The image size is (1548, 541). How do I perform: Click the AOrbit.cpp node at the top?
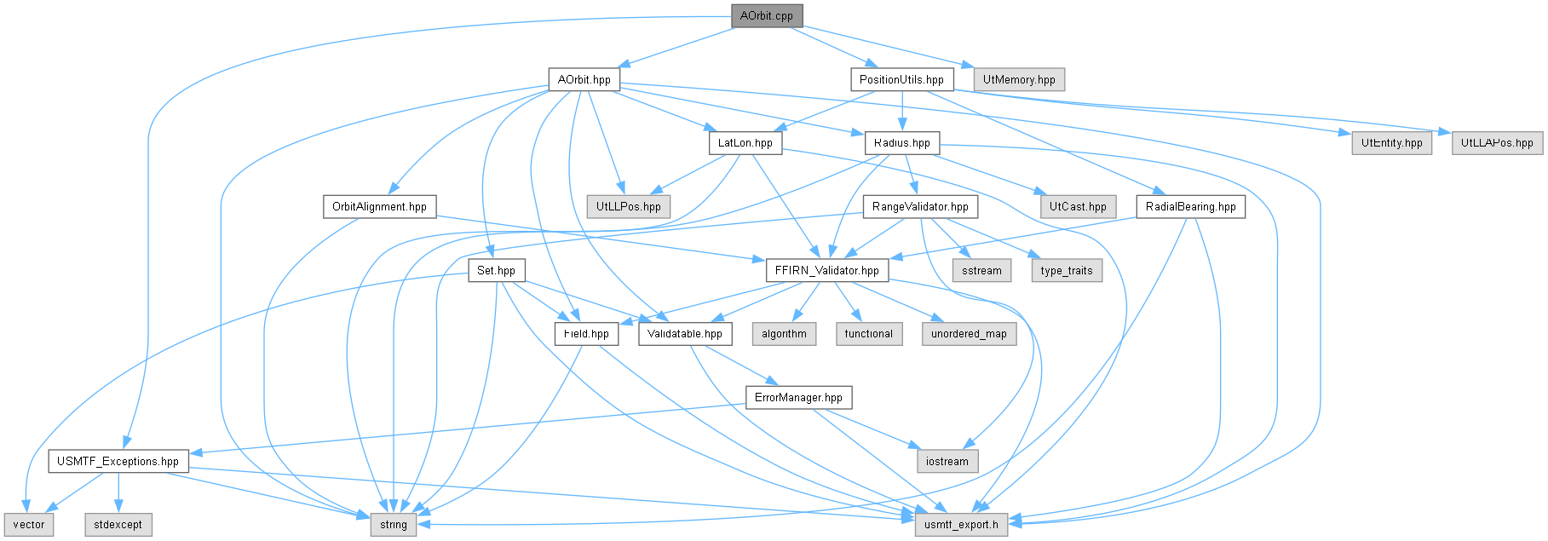tap(767, 16)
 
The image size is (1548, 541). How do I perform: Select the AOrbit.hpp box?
tap(584, 79)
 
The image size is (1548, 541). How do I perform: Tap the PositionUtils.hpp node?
tap(901, 79)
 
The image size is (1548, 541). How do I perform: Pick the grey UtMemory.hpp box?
tap(1019, 79)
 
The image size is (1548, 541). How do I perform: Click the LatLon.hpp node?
tap(745, 142)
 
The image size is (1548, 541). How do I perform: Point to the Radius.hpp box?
tap(902, 142)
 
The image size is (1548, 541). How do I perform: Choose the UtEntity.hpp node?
tap(1392, 142)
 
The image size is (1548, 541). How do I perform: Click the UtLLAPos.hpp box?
tap(1497, 142)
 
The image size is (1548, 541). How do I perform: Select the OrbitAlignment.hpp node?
tap(379, 206)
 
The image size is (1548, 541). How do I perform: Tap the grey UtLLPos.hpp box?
tap(629, 206)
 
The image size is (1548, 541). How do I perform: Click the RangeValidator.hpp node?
tap(921, 206)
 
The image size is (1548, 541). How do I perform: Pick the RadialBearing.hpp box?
tap(1191, 206)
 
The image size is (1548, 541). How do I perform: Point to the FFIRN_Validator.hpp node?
tap(827, 270)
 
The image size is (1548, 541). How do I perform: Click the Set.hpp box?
tap(496, 270)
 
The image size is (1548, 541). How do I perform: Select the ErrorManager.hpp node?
tap(798, 397)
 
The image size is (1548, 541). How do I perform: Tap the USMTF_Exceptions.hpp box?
tap(118, 461)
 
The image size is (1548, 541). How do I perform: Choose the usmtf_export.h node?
tap(961, 524)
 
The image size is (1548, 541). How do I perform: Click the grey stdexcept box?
tap(118, 524)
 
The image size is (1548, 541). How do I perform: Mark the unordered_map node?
tap(969, 333)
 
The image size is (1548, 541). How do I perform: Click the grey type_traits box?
tap(1067, 270)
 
